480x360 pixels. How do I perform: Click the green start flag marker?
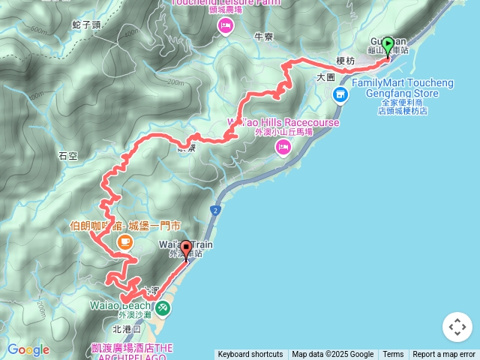pos(388,47)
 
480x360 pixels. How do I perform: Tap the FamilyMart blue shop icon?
pos(340,94)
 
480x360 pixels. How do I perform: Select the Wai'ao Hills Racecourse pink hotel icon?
pos(283,148)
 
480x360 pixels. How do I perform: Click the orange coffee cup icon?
pos(124,241)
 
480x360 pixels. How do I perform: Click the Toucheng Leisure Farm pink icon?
pos(225,26)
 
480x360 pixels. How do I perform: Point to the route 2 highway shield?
pos(215,211)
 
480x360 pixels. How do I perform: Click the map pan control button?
pos(457,327)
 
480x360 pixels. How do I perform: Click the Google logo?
pos(28,350)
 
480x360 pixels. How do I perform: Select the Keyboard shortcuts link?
pos(250,355)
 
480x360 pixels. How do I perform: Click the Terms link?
pos(393,355)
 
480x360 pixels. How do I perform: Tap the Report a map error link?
pos(444,355)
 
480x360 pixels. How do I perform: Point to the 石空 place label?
pos(67,156)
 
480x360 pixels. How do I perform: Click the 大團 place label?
pos(325,76)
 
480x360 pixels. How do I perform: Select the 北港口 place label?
pos(126,328)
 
